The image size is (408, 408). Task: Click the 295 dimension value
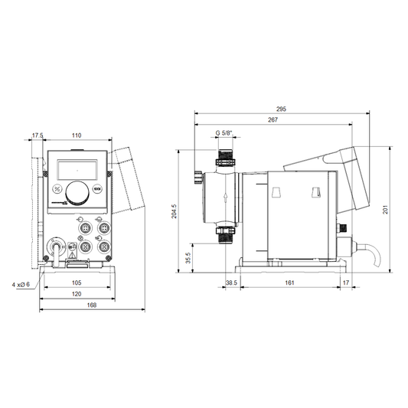(x=281, y=109)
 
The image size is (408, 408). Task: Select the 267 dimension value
(x=273, y=119)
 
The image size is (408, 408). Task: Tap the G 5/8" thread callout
(x=224, y=133)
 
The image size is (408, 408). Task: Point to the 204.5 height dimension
(x=174, y=211)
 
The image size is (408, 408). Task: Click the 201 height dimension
(x=385, y=210)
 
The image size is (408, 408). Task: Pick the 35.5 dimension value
(x=188, y=258)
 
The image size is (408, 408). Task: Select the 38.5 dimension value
(x=231, y=282)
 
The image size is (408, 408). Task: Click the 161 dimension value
(x=289, y=282)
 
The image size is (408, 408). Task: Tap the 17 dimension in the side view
(x=345, y=282)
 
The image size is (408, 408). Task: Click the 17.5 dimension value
(x=38, y=135)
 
